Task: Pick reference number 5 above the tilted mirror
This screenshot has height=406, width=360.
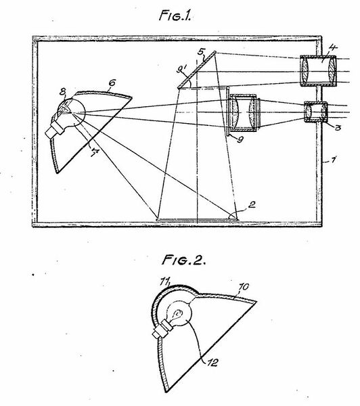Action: pyautogui.click(x=201, y=51)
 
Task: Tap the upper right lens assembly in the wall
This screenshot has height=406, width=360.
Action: pyautogui.click(x=316, y=70)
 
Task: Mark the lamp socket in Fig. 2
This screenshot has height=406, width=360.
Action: pyautogui.click(x=162, y=332)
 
